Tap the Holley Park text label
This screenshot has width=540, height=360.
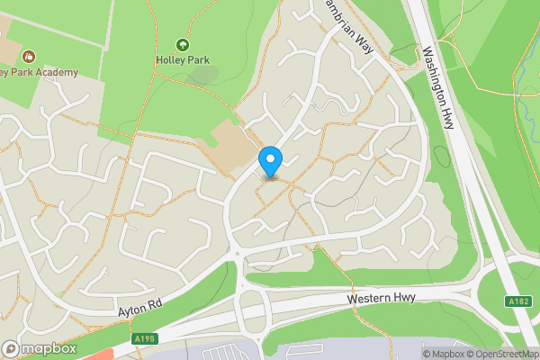pyautogui.click(x=183, y=61)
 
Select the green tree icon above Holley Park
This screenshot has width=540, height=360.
pyautogui.click(x=183, y=44)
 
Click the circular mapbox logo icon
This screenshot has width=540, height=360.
pyautogui.click(x=12, y=348)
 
